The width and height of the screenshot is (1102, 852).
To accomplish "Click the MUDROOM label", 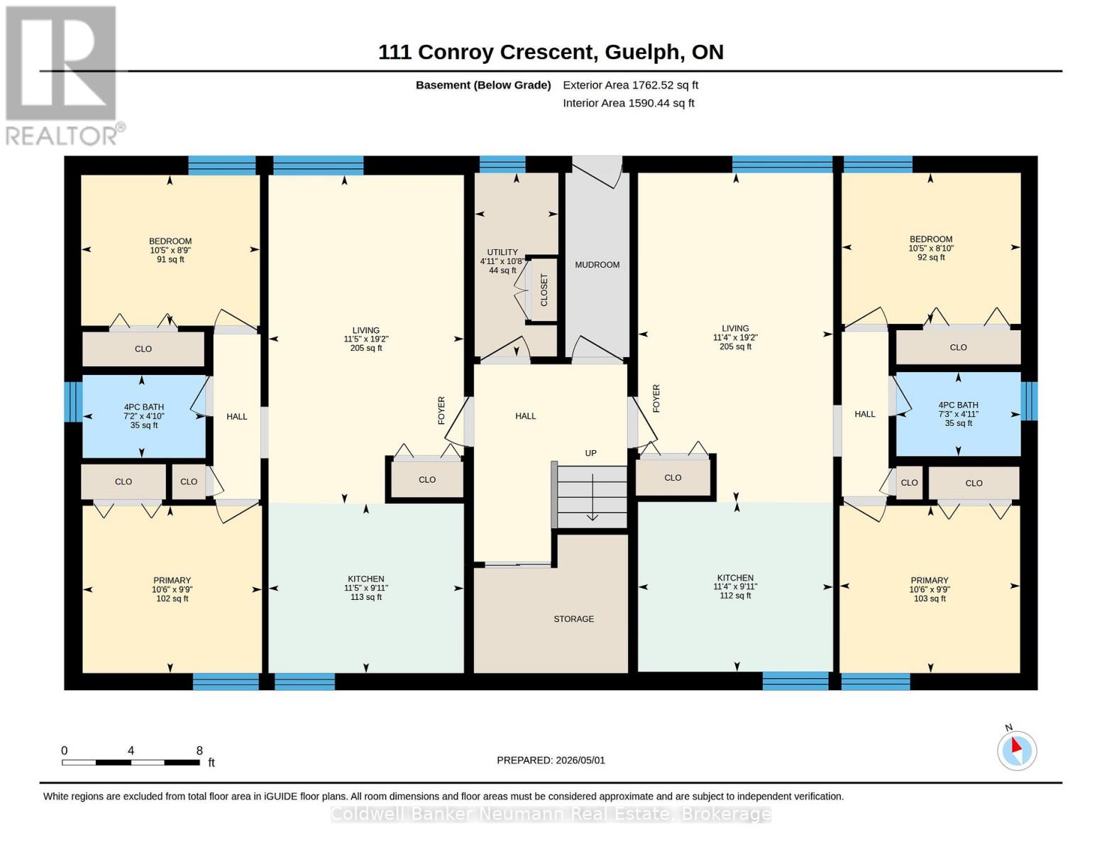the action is [597, 264].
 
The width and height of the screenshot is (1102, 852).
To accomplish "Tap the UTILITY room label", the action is [502, 252].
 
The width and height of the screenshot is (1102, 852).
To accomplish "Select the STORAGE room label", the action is [573, 618].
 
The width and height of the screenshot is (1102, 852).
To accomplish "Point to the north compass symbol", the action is [1016, 749].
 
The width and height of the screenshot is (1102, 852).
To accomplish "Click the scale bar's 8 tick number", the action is [199, 750].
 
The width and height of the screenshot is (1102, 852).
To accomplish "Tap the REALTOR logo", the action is [62, 75].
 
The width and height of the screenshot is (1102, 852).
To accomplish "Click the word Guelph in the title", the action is [642, 53].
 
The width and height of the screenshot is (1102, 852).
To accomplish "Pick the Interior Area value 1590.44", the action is [646, 103].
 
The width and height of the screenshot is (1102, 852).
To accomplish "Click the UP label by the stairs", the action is [591, 453].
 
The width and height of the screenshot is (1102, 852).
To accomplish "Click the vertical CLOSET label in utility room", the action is [544, 290].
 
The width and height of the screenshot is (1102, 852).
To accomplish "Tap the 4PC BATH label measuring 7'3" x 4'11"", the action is [958, 414].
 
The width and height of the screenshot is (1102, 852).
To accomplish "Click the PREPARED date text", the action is [551, 760].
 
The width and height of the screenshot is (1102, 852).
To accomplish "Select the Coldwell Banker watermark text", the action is [551, 814].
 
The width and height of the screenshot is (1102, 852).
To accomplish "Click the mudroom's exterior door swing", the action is [597, 172].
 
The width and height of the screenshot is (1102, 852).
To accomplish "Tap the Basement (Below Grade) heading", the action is [483, 85].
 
